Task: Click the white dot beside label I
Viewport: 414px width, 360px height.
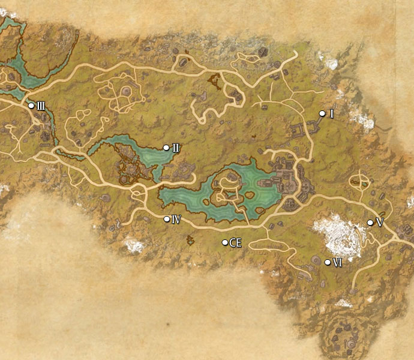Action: click(322, 113)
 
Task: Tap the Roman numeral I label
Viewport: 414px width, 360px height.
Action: click(331, 113)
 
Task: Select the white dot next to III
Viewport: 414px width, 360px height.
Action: click(31, 106)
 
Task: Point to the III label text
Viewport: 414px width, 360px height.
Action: click(41, 106)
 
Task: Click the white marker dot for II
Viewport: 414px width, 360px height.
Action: click(166, 148)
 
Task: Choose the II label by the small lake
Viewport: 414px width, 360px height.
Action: click(176, 148)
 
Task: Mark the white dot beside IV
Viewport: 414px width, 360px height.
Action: click(167, 219)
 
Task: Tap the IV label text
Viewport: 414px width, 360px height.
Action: click(176, 219)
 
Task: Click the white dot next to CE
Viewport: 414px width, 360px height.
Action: click(225, 242)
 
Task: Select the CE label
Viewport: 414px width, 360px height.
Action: click(236, 242)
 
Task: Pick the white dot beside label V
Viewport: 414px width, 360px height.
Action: click(370, 223)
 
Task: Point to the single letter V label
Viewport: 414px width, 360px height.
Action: click(379, 223)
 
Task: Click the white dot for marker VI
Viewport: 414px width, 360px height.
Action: click(327, 262)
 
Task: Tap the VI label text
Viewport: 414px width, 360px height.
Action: click(337, 262)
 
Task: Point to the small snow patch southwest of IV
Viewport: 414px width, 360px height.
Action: click(133, 244)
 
